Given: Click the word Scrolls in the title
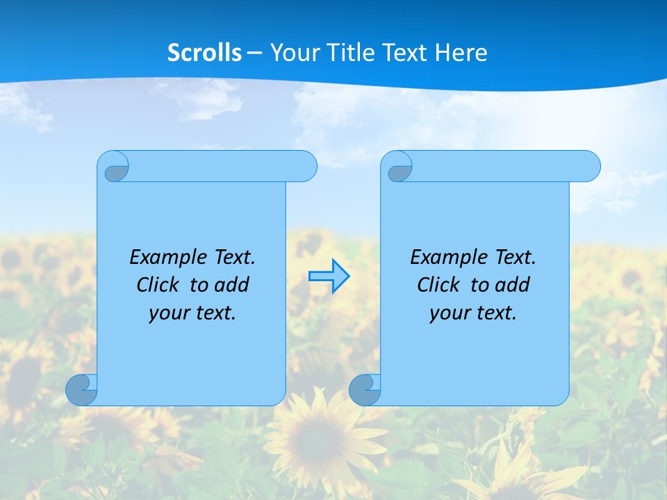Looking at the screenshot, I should click(205, 53).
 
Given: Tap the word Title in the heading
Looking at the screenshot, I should click(346, 53).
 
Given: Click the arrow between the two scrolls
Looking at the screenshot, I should click(329, 276).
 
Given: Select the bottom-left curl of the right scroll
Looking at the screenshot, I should click(365, 390).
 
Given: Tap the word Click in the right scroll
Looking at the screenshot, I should click(438, 285).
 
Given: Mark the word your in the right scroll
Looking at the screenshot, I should click(447, 313).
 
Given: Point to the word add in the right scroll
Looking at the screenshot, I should click(512, 285).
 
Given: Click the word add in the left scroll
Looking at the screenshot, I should click(231, 285).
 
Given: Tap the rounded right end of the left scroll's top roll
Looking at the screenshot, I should click(306, 166).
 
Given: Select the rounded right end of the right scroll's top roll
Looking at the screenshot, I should click(589, 166).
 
